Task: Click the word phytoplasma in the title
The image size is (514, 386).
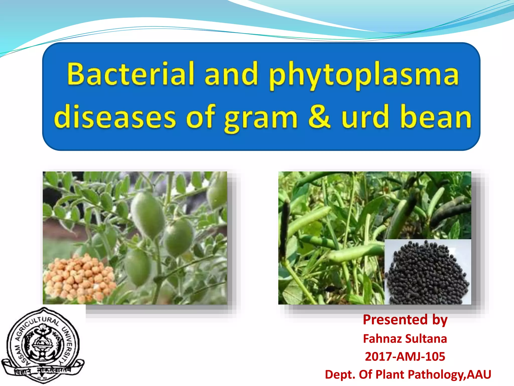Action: [x=364, y=75]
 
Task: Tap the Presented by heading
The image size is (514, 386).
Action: [x=405, y=320]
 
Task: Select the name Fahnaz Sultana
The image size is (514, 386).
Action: [x=405, y=339]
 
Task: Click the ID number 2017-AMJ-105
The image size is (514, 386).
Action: [x=405, y=357]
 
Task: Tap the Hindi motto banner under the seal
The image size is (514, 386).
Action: [x=43, y=371]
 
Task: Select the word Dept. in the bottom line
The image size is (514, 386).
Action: [x=340, y=375]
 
